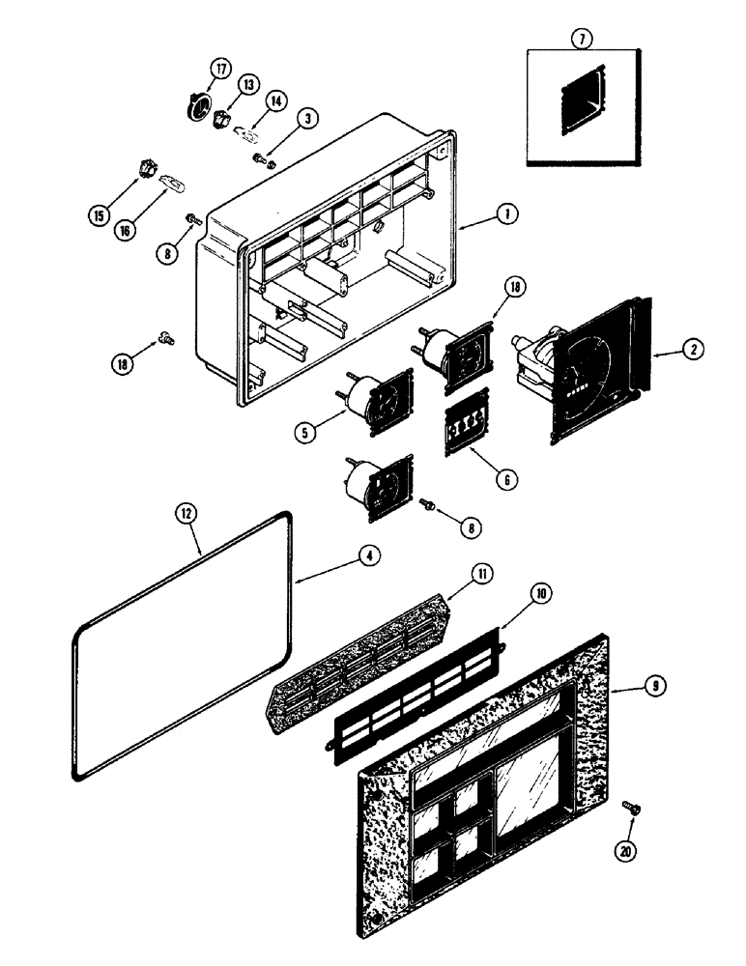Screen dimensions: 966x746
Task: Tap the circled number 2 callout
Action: [x=692, y=351]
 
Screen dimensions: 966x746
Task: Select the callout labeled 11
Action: [x=481, y=573]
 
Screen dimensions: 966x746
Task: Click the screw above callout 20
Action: [x=631, y=807]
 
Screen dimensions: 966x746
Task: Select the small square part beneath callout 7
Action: [x=579, y=98]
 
